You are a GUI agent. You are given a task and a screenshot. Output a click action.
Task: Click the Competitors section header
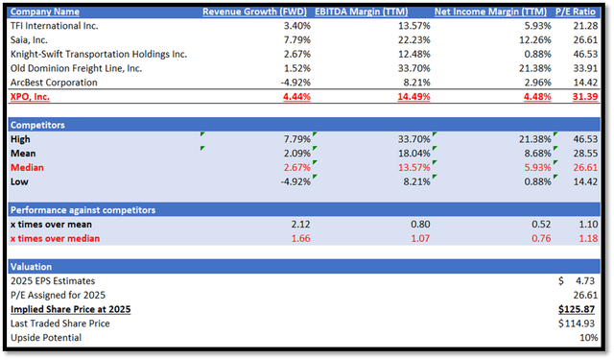37,125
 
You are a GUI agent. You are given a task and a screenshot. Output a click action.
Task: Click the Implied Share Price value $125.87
579,309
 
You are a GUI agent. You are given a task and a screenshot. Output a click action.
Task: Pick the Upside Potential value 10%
588,338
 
